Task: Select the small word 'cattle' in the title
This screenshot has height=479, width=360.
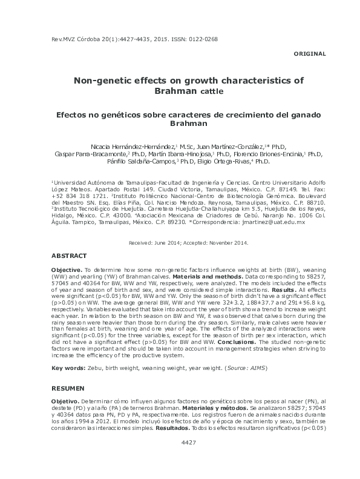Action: click(x=211, y=92)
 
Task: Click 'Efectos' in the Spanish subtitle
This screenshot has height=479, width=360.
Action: click(x=90, y=114)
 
